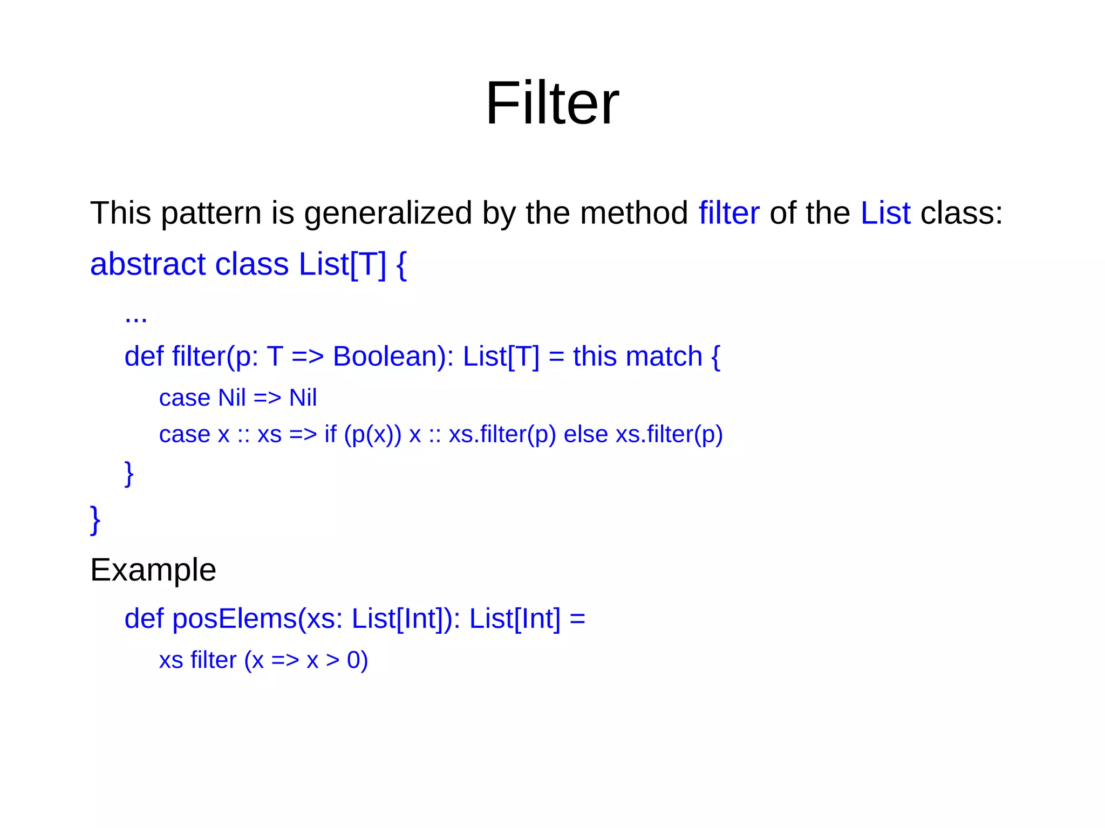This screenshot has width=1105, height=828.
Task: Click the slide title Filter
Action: [552, 103]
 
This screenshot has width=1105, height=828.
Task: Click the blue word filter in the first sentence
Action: [728, 213]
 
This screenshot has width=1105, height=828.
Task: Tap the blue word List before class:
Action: [885, 213]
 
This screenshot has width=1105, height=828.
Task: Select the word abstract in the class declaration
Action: [147, 264]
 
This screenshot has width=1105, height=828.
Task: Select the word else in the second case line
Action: [585, 434]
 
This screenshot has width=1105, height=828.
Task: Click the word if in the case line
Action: [330, 434]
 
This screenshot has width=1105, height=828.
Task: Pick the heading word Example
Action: [153, 570]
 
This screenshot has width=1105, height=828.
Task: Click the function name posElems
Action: [234, 619]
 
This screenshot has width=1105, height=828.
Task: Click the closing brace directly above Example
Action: [95, 520]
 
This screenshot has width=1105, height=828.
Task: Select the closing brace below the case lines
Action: [129, 474]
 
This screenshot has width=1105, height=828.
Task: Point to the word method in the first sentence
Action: [633, 213]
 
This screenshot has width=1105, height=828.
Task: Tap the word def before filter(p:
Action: [144, 357]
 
